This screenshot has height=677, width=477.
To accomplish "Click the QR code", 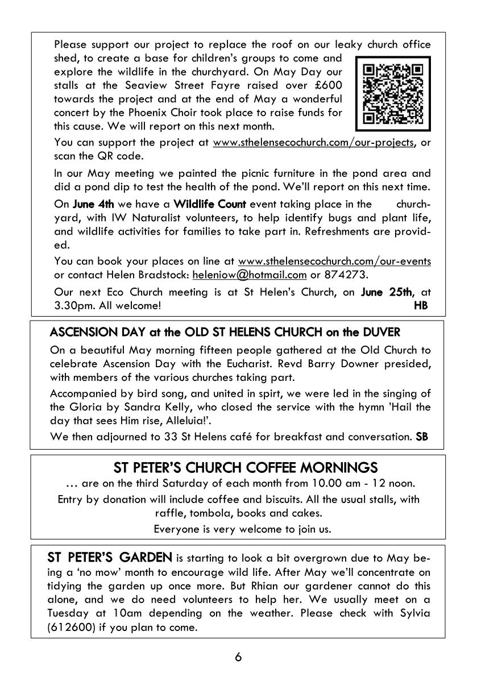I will tap(393, 93).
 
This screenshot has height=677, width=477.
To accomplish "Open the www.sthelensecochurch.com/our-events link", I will tap(334, 261).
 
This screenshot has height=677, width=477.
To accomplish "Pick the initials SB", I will tap(422, 437).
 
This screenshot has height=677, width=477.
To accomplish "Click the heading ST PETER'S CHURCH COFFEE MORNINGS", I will tap(246, 468).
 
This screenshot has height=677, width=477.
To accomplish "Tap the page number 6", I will tap(238, 658).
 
